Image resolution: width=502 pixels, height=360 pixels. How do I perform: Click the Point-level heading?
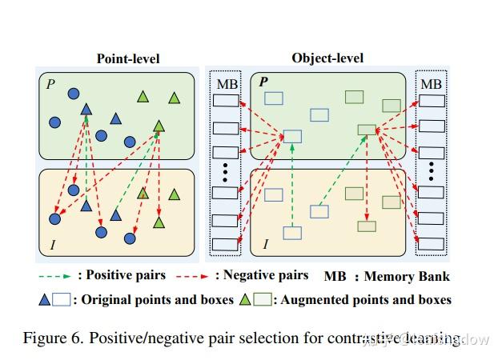click(x=128, y=58)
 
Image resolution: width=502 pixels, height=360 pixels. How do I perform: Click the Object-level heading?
click(x=327, y=58)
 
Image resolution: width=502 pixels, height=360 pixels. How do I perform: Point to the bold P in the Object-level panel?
click(x=263, y=82)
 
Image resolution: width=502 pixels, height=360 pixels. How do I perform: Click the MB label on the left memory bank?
click(x=225, y=84)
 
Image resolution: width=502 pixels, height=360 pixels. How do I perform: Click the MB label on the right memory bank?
click(x=431, y=84)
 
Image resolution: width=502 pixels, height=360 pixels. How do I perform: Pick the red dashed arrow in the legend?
click(x=192, y=276)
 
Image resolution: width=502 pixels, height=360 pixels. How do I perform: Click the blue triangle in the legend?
click(x=45, y=300)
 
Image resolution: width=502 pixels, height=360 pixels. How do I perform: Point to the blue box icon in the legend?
click(x=62, y=300)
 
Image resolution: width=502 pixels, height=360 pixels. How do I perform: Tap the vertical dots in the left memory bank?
click(x=225, y=172)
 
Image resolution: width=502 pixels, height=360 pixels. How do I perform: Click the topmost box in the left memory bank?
click(x=225, y=102)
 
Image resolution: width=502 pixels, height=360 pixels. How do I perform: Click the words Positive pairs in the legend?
click(x=126, y=275)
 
